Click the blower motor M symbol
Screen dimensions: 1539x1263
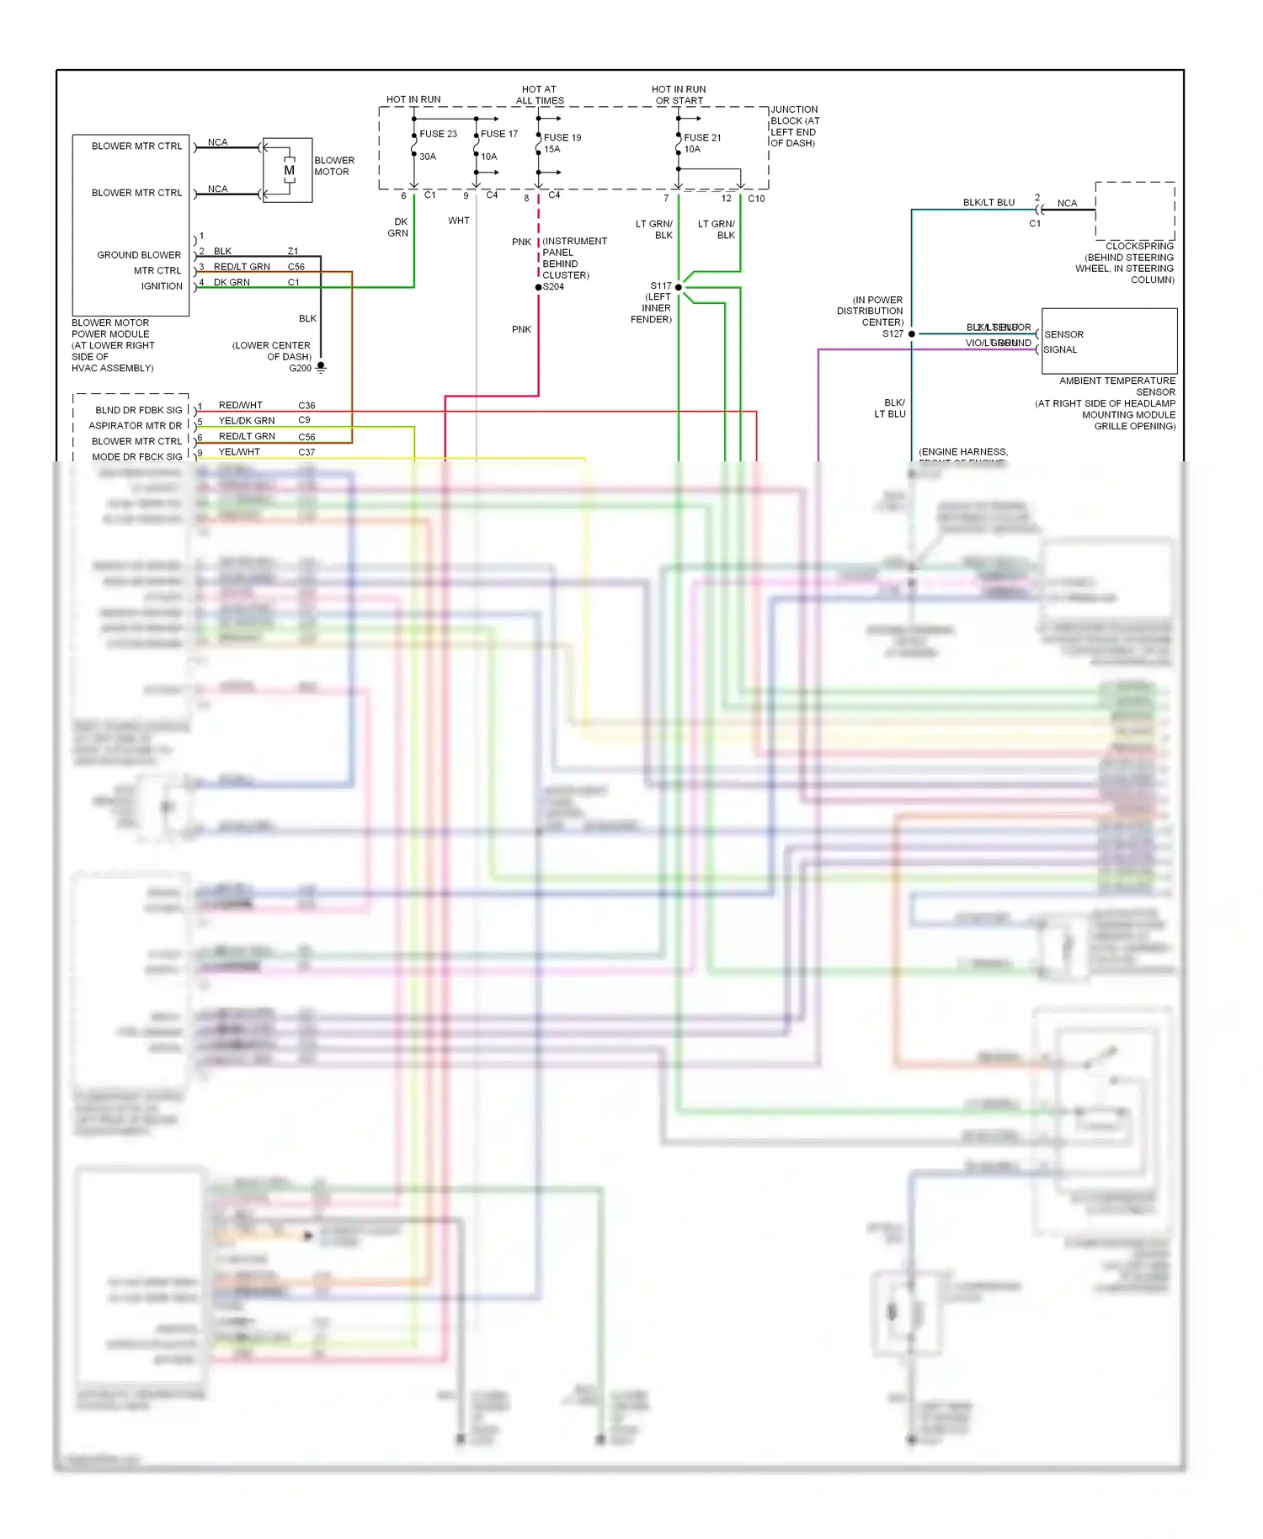click(289, 170)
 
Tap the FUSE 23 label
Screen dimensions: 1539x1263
click(438, 134)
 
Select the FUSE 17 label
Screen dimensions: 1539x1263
click(499, 134)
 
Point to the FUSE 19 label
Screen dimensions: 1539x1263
click(562, 137)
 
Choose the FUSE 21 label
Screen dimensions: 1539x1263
click(702, 137)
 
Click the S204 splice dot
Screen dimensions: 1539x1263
click(539, 287)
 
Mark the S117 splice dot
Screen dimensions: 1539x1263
click(679, 287)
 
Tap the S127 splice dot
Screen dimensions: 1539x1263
click(912, 334)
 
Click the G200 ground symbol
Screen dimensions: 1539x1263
click(321, 367)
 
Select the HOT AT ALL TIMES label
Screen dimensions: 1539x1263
click(540, 94)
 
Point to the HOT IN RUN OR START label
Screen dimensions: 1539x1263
click(679, 94)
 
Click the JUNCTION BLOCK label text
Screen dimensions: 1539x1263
click(794, 126)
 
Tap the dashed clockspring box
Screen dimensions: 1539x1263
click(1134, 210)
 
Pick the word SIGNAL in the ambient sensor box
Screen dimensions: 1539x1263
click(1060, 349)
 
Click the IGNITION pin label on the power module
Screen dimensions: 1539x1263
click(162, 286)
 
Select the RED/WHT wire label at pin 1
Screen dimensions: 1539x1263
click(240, 405)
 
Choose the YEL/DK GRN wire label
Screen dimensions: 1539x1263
click(247, 420)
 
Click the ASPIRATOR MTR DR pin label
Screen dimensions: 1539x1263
click(135, 426)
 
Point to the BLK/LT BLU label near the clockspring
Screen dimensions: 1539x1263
click(989, 203)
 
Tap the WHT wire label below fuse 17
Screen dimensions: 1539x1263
click(459, 221)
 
